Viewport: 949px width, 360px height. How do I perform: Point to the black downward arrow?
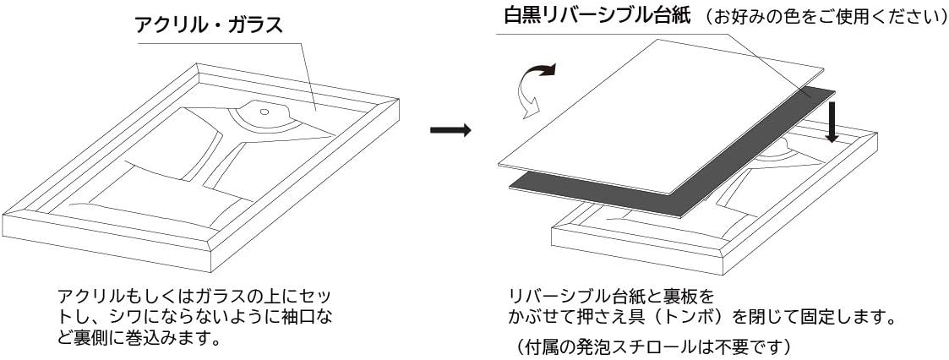coord(832,123)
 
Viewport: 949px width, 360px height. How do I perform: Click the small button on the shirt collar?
coord(264,111)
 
